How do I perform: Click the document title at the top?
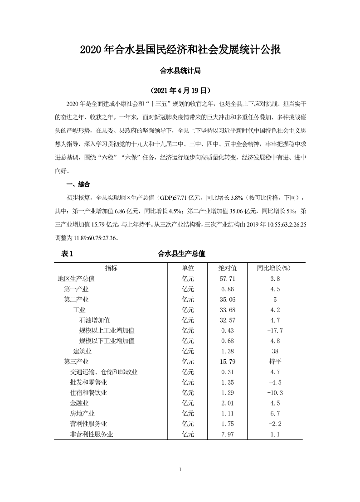(x=180, y=49)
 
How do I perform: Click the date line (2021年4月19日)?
(x=180, y=90)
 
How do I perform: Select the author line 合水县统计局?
(x=180, y=71)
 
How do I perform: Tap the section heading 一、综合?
(x=78, y=184)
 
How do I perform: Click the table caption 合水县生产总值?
(x=181, y=254)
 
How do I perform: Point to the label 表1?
(x=67, y=254)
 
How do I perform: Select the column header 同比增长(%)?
(x=273, y=268)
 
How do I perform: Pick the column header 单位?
(x=188, y=268)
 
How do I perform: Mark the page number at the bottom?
(x=180, y=469)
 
